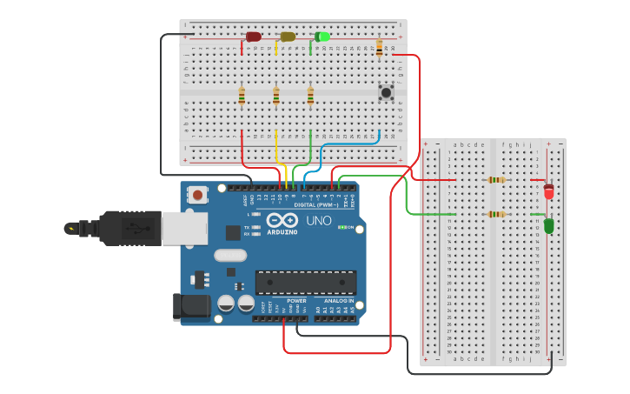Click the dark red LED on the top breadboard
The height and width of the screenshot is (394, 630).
(254, 37)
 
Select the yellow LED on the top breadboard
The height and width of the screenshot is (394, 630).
(288, 37)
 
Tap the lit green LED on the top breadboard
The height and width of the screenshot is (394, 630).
(322, 37)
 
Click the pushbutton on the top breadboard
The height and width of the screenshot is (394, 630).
(386, 91)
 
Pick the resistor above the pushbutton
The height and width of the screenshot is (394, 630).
(379, 49)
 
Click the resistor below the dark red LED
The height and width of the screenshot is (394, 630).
(242, 96)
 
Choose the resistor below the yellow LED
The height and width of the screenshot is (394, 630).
(276, 96)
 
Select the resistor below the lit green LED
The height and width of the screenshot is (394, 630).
(310, 96)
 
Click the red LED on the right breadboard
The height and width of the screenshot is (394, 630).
(549, 190)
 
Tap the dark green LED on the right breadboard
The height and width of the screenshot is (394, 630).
(549, 225)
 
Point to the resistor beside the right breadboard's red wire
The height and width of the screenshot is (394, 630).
(496, 180)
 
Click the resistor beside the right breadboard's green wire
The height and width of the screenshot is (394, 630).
(496, 214)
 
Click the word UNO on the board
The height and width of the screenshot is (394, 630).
(319, 220)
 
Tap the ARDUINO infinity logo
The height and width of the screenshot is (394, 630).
(282, 221)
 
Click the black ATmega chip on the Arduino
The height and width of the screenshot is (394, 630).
(305, 283)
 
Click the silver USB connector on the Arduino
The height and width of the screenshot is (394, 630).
(184, 228)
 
